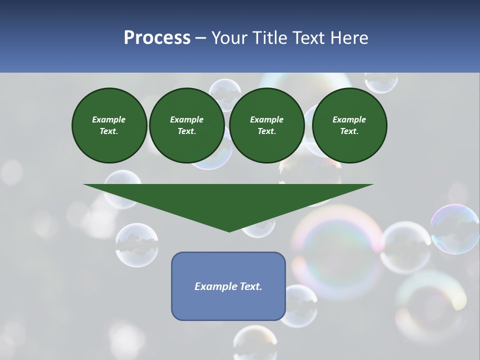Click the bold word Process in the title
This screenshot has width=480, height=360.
click(157, 38)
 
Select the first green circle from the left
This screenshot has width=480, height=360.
click(109, 125)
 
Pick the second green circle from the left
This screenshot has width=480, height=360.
click(186, 125)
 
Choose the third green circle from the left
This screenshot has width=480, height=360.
click(266, 125)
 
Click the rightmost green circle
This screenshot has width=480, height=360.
click(349, 125)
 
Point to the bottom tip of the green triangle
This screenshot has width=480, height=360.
click(229, 230)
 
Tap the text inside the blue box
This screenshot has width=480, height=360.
click(228, 286)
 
